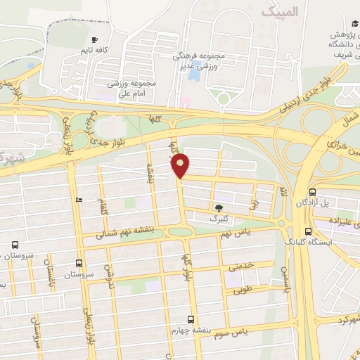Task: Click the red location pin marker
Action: tap(181, 165)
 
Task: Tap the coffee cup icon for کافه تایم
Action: tap(95, 39)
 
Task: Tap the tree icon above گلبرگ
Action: tap(220, 207)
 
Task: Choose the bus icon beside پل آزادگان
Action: tap(311, 192)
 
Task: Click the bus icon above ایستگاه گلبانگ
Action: tap(308, 231)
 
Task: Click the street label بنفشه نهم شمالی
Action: tap(123, 240)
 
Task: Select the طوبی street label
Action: tap(243, 288)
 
